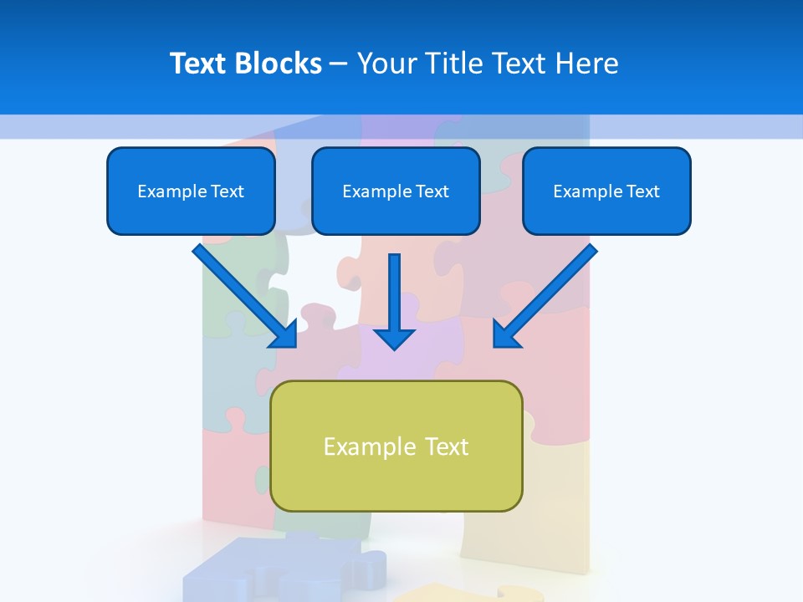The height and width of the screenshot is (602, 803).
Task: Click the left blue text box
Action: (x=191, y=191)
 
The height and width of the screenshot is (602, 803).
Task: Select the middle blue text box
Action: (x=396, y=191)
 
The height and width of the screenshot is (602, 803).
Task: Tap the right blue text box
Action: (x=606, y=191)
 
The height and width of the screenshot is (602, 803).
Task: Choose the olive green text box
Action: (x=396, y=446)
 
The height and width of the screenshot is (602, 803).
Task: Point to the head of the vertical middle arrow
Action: (x=394, y=338)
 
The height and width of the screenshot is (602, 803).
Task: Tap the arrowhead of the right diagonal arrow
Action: (x=506, y=334)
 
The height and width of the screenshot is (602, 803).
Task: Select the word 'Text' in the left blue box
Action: (x=228, y=191)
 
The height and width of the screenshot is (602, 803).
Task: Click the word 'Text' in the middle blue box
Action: (x=432, y=191)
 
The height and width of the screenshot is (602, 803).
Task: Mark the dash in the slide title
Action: (x=339, y=64)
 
